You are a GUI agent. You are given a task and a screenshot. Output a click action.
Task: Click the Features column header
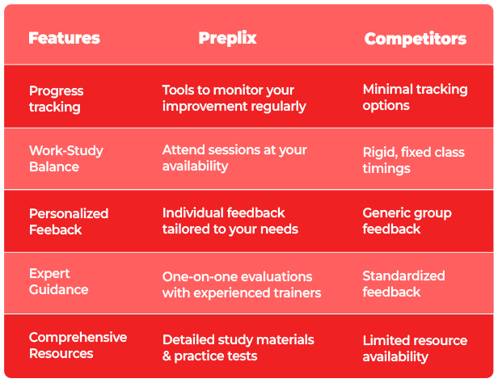[64, 38]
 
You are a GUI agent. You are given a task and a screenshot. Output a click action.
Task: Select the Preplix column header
[227, 39]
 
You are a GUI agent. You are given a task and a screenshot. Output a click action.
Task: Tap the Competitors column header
[415, 39]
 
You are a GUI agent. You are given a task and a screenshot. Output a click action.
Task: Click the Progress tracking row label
[57, 99]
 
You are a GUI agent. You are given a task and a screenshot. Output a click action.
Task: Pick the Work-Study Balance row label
[66, 158]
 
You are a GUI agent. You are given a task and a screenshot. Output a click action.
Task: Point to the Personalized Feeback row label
[69, 221]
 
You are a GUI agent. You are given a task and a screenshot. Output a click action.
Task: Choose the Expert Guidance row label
[59, 281]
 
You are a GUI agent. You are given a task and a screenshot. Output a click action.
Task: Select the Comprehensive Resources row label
[78, 345]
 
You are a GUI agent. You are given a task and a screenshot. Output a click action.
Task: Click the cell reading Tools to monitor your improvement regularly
[234, 99]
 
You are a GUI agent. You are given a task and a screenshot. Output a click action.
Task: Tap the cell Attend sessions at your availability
[234, 158]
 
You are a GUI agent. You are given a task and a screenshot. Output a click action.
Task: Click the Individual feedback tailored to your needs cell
[230, 221]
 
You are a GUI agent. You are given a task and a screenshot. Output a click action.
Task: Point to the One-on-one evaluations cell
[242, 285]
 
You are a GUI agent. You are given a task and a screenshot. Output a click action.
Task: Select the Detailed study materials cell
[238, 347]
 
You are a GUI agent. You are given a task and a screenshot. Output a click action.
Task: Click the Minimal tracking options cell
[415, 98]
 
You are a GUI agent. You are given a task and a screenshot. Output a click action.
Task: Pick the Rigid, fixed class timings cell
[414, 160]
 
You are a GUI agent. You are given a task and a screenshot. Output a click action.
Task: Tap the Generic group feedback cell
[407, 221]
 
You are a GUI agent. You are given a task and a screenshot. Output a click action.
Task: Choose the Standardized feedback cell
[403, 284]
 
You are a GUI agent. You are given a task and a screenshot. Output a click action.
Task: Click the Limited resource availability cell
[415, 348]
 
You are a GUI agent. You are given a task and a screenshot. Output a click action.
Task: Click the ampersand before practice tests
[167, 356]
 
